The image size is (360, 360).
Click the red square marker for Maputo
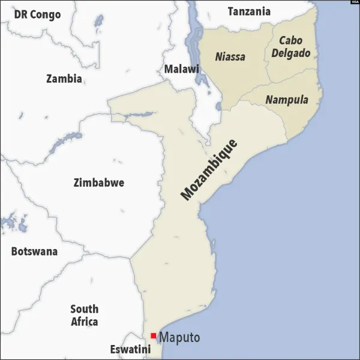154,335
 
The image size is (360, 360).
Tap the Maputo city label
179,338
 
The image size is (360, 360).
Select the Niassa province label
230,57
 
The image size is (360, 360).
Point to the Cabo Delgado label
291,47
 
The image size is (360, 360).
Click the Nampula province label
287,100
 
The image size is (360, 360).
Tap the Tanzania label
249,11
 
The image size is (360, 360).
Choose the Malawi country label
181,69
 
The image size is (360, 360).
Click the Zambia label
64,78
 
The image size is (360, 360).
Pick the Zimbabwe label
98,182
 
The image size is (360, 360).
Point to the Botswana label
34,251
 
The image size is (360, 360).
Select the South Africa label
85,315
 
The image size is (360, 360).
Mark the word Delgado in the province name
291,53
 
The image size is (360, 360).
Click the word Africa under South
85,322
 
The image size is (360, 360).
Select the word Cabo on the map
290,40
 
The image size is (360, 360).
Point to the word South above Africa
85,309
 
